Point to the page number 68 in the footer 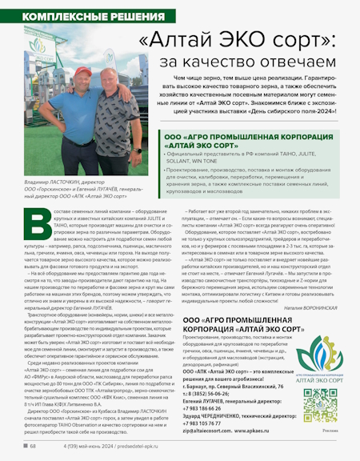coord(33,446)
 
